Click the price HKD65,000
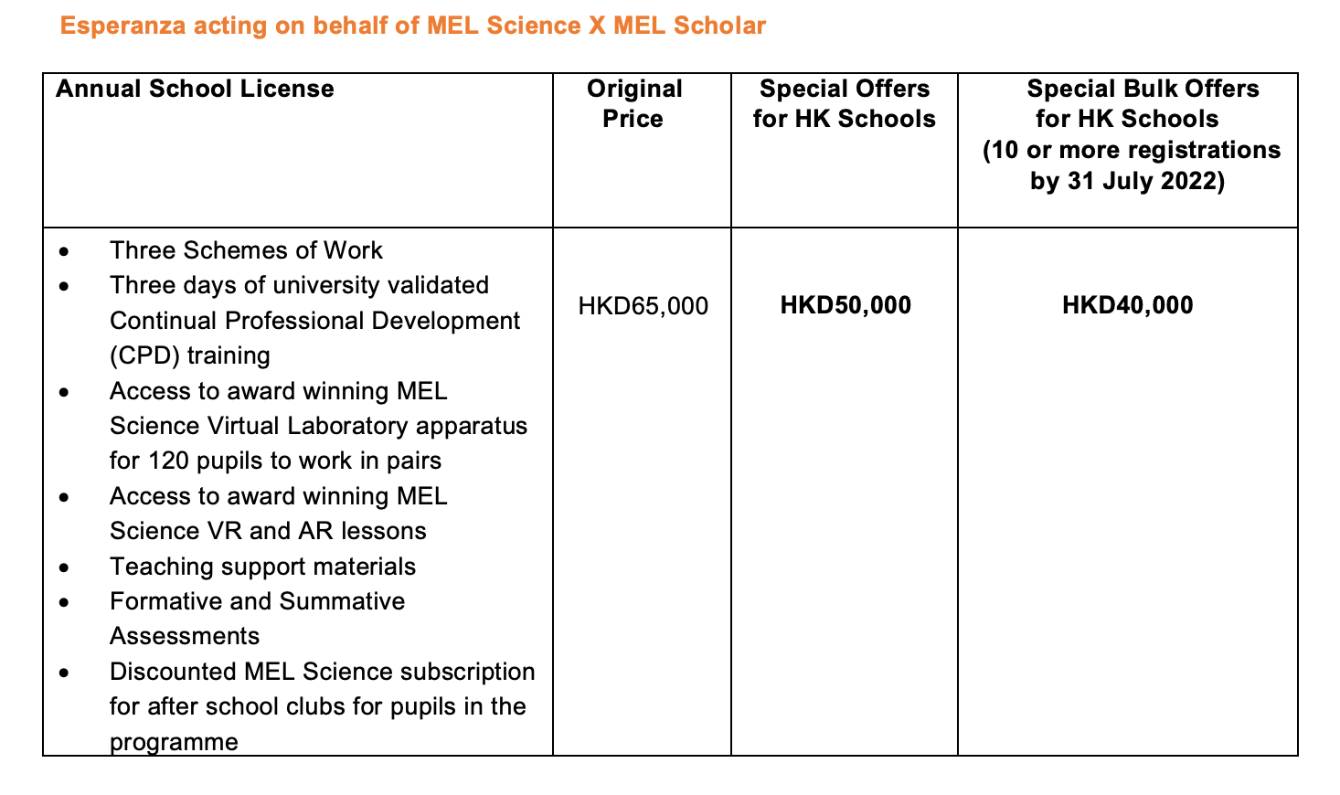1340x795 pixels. tap(643, 306)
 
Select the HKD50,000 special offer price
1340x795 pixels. tap(845, 305)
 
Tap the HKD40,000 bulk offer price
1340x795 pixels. tap(1127, 305)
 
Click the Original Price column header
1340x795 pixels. tap(634, 103)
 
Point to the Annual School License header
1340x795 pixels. tap(195, 89)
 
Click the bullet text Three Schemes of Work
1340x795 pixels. tap(246, 250)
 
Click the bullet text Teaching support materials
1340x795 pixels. tap(262, 567)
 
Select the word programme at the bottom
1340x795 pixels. tap(174, 742)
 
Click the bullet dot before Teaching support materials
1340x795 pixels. tap(63, 568)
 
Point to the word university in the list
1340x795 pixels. tap(319, 285)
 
